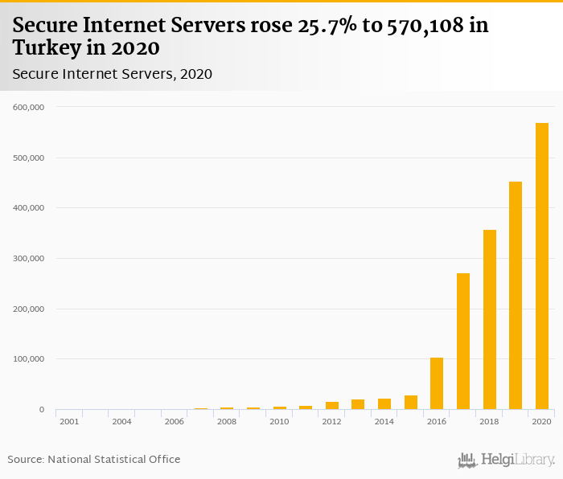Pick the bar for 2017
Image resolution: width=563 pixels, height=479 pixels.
tap(463, 342)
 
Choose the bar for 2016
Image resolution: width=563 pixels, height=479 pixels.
tap(437, 383)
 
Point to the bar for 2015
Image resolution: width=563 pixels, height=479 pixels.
tap(411, 403)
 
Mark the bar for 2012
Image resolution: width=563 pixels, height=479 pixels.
tap(332, 406)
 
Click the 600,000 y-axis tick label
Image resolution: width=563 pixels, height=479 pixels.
tap(29, 107)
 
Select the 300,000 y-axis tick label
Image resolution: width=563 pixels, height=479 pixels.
tap(29, 259)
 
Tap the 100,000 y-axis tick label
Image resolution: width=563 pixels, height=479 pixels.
tap(29, 359)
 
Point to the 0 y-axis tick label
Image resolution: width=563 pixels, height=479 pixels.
tap(41, 410)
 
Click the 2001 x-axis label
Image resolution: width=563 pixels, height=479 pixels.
tap(69, 421)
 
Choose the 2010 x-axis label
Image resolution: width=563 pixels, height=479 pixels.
tap(279, 421)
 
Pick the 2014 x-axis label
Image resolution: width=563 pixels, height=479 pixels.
tap(384, 421)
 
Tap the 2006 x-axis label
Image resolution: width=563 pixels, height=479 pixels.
tap(175, 421)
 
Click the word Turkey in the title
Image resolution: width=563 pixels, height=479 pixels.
tap(44, 47)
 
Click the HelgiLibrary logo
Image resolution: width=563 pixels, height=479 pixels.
tap(507, 460)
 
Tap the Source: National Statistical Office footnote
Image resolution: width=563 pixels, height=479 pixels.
tap(94, 460)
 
